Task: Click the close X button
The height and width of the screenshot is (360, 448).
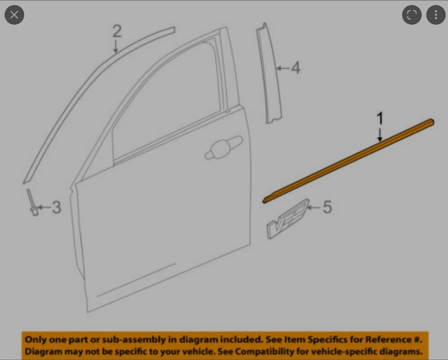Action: click(14, 15)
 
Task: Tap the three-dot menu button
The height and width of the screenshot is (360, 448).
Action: click(436, 15)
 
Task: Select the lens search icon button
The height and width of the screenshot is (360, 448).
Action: click(412, 15)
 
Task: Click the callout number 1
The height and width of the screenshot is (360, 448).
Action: click(380, 118)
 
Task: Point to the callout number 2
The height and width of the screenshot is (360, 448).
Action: click(117, 31)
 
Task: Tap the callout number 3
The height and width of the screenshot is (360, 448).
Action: click(56, 207)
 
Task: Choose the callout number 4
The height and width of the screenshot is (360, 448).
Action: click(295, 68)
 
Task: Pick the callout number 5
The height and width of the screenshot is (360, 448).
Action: click(327, 207)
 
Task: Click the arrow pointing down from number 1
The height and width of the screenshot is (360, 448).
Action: click(380, 134)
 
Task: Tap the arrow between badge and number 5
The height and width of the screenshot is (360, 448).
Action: click(314, 206)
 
